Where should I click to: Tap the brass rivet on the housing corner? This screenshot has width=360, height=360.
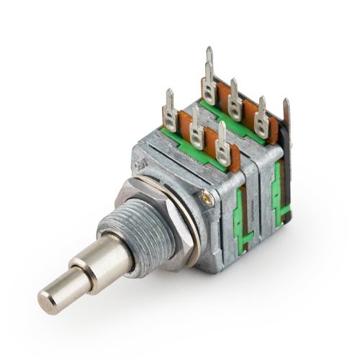click(207, 195)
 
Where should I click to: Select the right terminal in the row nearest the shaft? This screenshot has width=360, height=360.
click(222, 144)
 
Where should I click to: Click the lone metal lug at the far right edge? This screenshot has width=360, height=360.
click(287, 119)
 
